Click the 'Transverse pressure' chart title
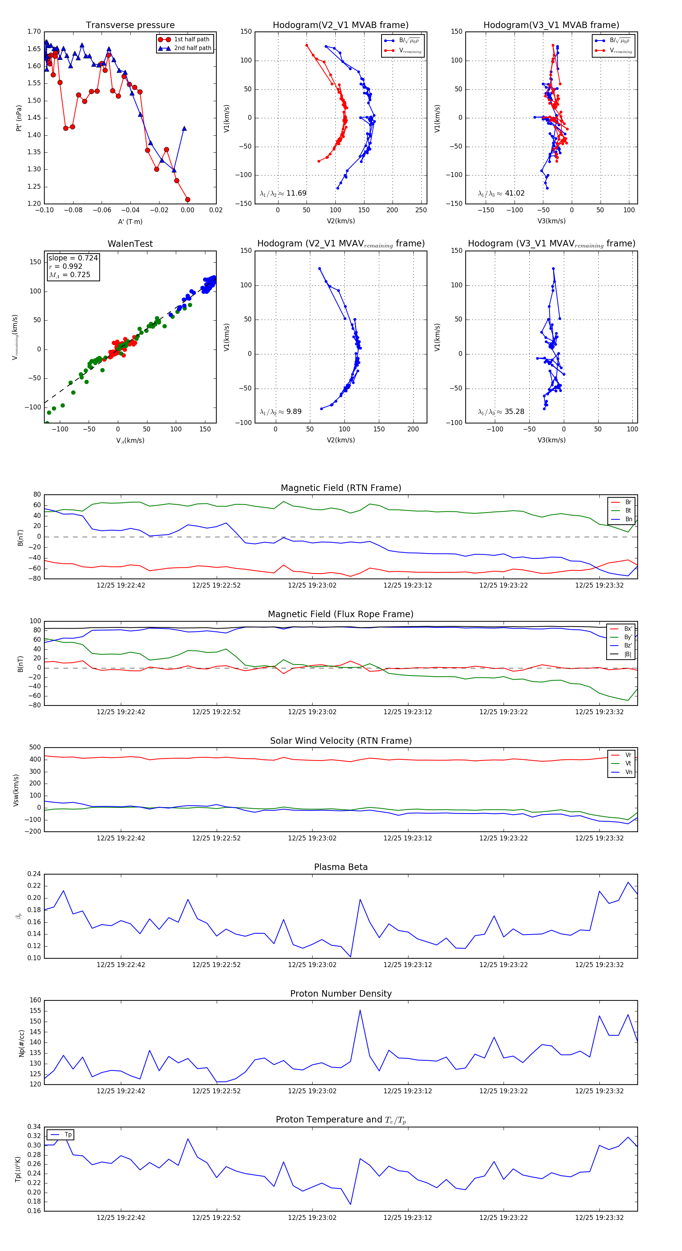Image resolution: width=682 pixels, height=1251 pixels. (x=130, y=25)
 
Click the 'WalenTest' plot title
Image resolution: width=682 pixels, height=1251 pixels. (x=130, y=244)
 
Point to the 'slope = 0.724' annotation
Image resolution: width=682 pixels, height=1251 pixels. (x=73, y=258)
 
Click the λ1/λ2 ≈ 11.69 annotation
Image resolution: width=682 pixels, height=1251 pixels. (x=283, y=193)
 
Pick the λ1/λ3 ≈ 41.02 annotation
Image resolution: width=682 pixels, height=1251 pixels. (x=501, y=193)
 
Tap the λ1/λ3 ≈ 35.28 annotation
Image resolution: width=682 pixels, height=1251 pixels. (x=501, y=412)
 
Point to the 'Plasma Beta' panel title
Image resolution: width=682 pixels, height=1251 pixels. (x=341, y=867)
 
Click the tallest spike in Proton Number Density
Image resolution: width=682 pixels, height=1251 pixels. (x=360, y=1011)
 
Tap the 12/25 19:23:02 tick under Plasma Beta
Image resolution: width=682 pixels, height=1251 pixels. (x=312, y=964)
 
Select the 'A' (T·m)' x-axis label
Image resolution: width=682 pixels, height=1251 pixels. (x=130, y=221)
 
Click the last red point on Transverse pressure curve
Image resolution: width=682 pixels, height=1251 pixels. (x=188, y=200)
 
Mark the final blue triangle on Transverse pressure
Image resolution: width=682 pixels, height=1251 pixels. (x=184, y=129)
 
